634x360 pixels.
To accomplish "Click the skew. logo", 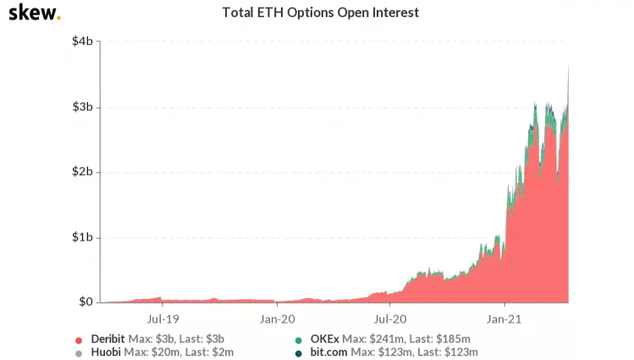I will point(34,14).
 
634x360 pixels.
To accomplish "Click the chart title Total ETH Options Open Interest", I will point(320,14).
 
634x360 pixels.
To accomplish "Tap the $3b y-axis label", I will point(81,108).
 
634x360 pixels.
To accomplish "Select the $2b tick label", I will point(81,172).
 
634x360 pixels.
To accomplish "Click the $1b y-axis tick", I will point(81,237).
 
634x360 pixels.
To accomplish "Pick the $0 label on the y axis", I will point(85,302).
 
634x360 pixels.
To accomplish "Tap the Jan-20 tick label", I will point(277,319).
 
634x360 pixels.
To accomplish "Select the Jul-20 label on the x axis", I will point(389,319).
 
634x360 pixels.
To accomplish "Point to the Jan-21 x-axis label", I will point(504,319).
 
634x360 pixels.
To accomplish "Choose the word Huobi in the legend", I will point(104,352).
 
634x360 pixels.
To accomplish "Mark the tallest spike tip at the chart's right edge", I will point(568,67).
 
